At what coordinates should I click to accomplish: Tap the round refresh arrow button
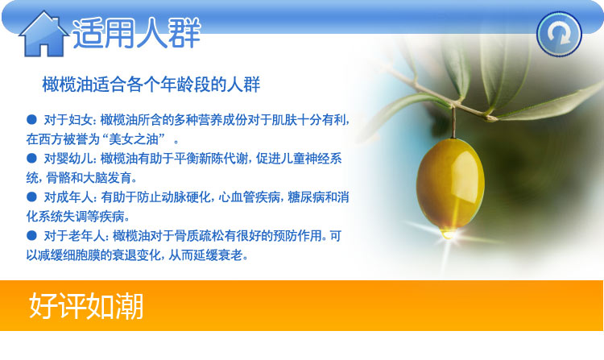click(559, 35)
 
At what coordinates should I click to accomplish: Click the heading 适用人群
click(137, 34)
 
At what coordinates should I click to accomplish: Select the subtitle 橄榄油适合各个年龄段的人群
click(151, 85)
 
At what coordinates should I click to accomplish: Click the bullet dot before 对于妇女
click(31, 119)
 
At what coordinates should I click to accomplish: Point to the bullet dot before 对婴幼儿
click(31, 158)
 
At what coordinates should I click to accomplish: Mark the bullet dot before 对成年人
click(31, 197)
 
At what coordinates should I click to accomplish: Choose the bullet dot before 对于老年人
click(31, 235)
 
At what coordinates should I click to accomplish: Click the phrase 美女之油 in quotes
click(134, 139)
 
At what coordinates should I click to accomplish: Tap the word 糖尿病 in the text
click(306, 197)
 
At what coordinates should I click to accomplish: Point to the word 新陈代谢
click(223, 158)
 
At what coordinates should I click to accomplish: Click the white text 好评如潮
click(86, 306)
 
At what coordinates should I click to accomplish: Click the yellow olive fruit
click(450, 184)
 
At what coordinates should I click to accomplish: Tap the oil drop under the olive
click(448, 233)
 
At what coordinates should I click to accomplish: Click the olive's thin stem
click(453, 122)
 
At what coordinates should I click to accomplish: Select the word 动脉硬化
click(187, 197)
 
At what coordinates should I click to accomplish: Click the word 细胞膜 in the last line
click(81, 254)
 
